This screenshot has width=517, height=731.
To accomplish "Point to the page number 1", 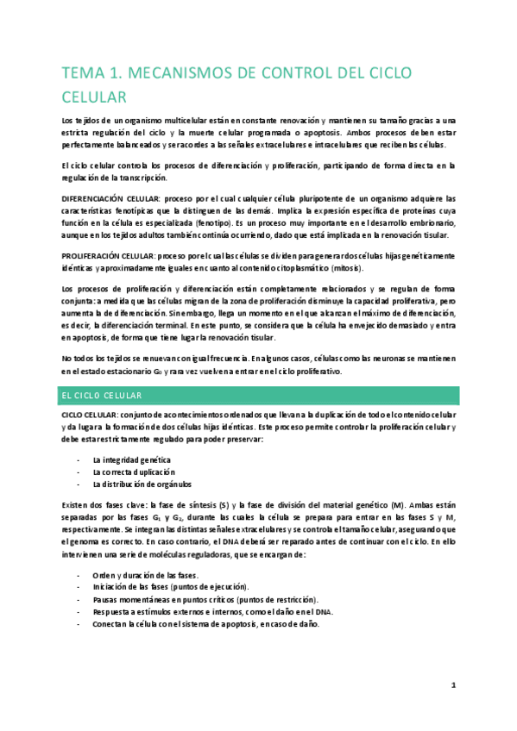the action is coord(453,686).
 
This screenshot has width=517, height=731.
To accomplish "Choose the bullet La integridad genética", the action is coord(131,459).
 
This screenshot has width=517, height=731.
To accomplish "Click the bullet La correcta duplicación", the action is coord(134,472).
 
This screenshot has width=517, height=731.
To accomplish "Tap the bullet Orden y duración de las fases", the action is coord(145,575).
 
